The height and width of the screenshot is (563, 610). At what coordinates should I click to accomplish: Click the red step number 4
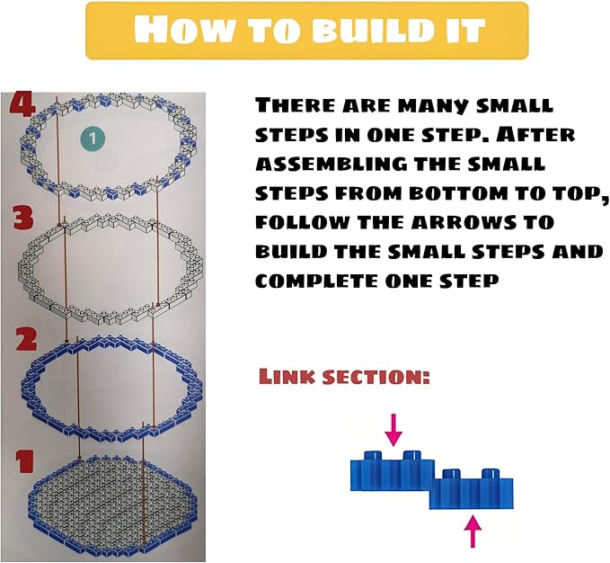(22, 105)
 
